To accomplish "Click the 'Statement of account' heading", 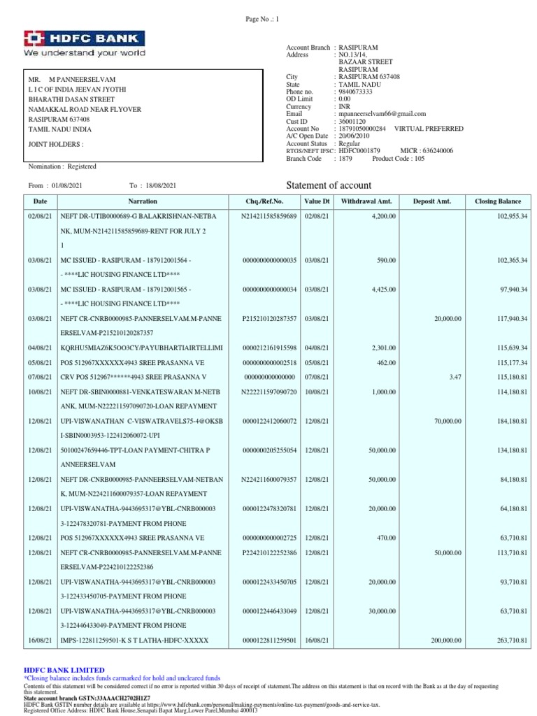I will click(329, 185).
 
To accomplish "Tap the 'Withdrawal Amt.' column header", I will click(366, 201).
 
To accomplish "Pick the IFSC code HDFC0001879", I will click(360, 150).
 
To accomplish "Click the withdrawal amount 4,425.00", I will click(383, 289).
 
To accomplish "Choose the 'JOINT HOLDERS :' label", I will click(55, 144).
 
